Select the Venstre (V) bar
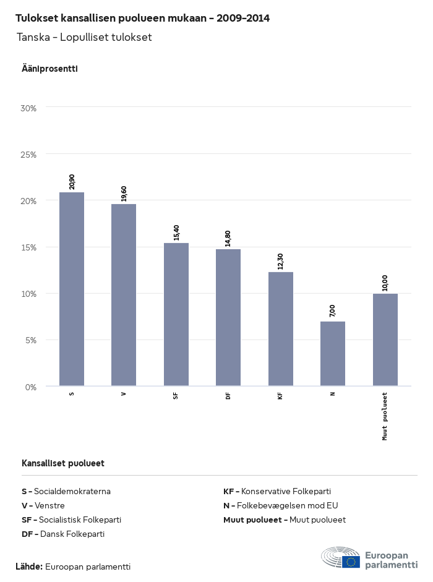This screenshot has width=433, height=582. click(x=124, y=295)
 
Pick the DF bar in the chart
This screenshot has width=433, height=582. click(x=228, y=317)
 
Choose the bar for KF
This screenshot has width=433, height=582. click(x=281, y=329)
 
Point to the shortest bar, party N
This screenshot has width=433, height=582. click(x=333, y=354)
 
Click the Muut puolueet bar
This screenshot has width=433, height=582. click(x=385, y=340)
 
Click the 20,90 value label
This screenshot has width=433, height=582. click(x=72, y=181)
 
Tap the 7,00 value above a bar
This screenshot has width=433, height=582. click(x=333, y=310)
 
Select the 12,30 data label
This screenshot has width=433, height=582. click(x=281, y=261)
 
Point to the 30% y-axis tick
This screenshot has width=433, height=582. click(x=29, y=108)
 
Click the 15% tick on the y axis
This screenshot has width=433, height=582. click(x=29, y=247)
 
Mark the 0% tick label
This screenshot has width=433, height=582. click(x=31, y=387)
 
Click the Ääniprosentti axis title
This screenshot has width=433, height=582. click(x=49, y=69)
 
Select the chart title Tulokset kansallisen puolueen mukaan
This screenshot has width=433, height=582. click(x=142, y=18)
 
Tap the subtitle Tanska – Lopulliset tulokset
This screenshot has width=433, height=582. click(x=84, y=37)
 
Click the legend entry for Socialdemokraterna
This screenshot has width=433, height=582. click(x=66, y=491)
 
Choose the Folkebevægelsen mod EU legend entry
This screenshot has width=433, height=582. click(x=281, y=505)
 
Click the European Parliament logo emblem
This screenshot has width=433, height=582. click(x=340, y=558)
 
